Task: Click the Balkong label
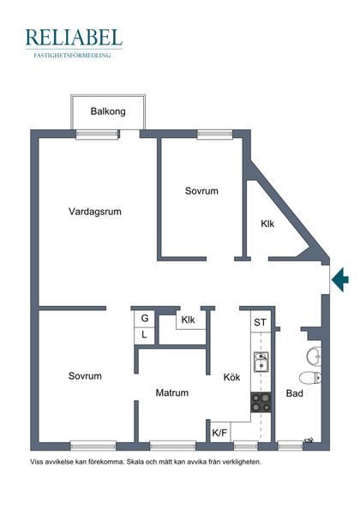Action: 109,111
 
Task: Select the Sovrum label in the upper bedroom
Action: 201,191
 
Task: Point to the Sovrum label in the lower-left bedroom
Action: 86,376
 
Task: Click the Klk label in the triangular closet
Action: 267,224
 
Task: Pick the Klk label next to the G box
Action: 189,320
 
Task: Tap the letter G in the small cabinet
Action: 144,319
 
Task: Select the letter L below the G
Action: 144,335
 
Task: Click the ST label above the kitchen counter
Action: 260,322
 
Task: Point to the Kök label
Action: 232,377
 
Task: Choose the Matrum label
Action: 171,393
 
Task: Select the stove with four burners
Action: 261,402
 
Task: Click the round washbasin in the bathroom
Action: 314,355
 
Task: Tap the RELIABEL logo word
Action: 74,37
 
